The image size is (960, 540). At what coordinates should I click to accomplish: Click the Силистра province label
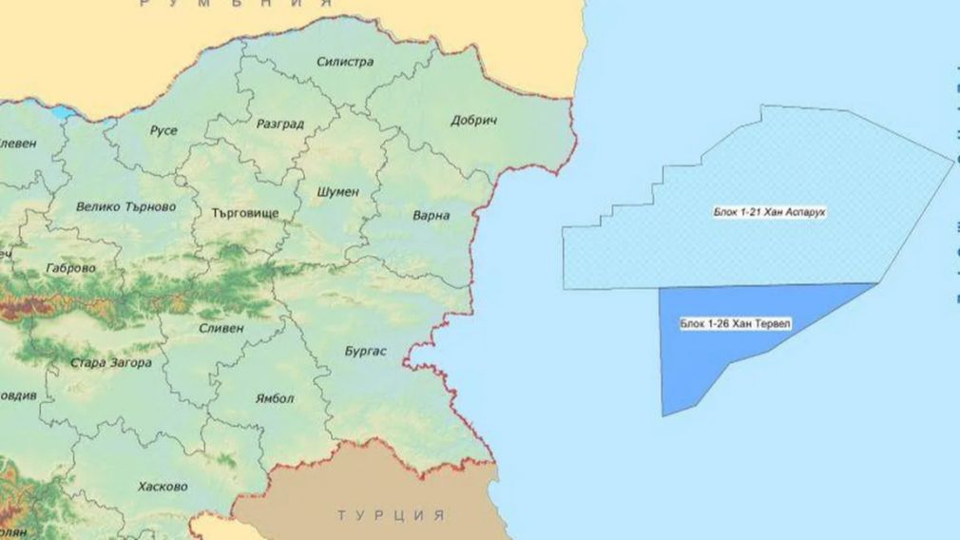point(345,62)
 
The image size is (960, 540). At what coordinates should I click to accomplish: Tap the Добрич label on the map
point(473,121)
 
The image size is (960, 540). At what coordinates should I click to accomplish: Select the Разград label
point(280,124)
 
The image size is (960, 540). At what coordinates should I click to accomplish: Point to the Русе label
point(163,130)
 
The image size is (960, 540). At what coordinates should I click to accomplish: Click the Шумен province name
point(337,191)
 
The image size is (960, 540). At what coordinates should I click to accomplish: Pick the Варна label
point(431,216)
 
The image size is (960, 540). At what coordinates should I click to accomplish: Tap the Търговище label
point(239,214)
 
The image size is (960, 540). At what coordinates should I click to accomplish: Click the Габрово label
point(70,268)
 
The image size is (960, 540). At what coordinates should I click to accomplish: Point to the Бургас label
point(365,352)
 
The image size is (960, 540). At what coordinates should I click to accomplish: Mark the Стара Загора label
point(110,363)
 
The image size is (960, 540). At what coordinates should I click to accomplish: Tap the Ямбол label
point(275,398)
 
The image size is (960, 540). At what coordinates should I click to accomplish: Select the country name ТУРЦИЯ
point(391,515)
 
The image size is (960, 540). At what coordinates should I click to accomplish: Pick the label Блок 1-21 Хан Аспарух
point(769,211)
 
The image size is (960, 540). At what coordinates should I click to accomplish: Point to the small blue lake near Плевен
point(62,112)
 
